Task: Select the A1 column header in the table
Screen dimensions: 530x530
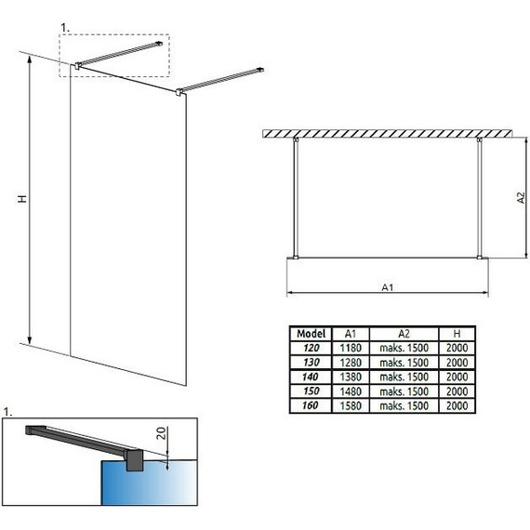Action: pyautogui.click(x=351, y=332)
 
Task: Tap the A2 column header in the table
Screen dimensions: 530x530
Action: pyautogui.click(x=404, y=332)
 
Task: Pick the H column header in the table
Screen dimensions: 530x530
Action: pyautogui.click(x=457, y=332)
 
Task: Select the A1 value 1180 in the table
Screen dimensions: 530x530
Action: pyautogui.click(x=351, y=347)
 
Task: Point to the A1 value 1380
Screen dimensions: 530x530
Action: pyautogui.click(x=351, y=377)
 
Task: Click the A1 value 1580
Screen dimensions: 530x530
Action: pyautogui.click(x=351, y=405)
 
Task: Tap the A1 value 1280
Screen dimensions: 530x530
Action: pyautogui.click(x=351, y=362)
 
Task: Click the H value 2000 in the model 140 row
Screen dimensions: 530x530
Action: pyautogui.click(x=457, y=377)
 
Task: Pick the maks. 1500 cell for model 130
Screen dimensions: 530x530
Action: pyautogui.click(x=404, y=362)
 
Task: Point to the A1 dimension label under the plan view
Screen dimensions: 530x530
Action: pyautogui.click(x=388, y=286)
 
